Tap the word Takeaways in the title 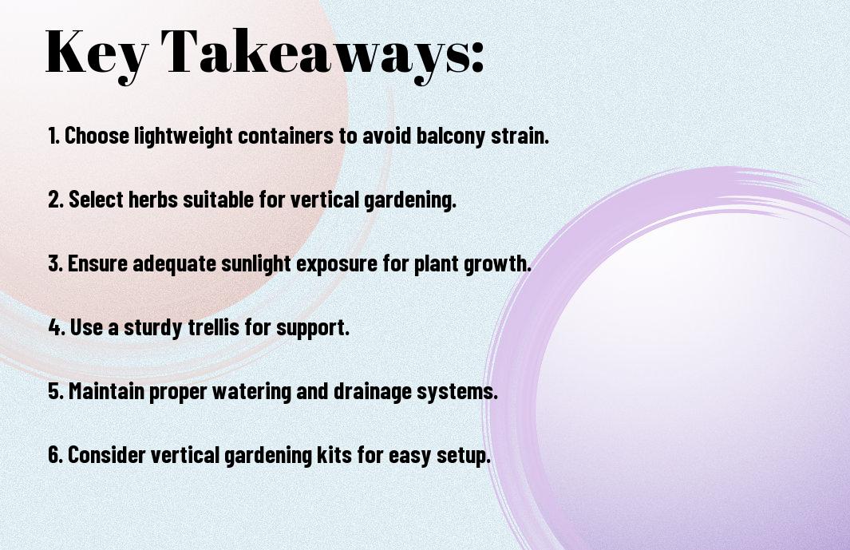pyautogui.click(x=314, y=53)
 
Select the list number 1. pyautogui.click(x=53, y=136)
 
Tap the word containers pyautogui.click(x=286, y=136)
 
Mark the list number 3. pyautogui.click(x=55, y=263)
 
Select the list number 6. pyautogui.click(x=55, y=454)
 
